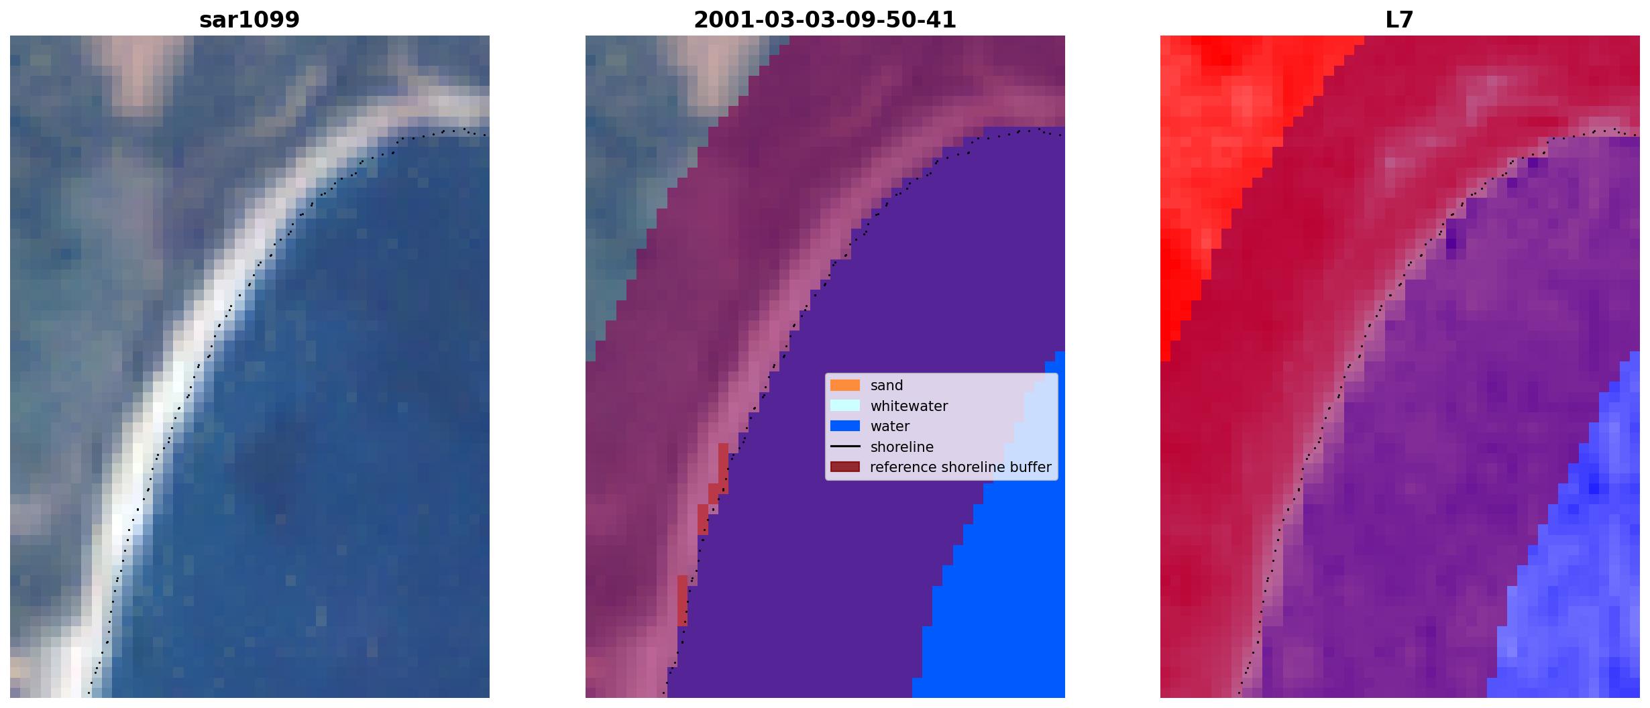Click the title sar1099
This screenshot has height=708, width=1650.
[250, 20]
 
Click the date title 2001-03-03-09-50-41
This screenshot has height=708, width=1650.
[825, 20]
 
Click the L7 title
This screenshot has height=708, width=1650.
[1400, 20]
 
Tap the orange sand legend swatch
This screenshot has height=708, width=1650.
[845, 386]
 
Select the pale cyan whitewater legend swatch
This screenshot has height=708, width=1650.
[845, 406]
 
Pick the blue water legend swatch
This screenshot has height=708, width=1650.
[845, 426]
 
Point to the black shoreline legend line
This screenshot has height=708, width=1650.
[845, 447]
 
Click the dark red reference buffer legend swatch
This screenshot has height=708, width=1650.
[845, 467]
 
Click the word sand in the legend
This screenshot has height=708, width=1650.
[887, 386]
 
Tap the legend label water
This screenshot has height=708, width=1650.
[890, 426]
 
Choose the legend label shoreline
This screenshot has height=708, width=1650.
[902, 447]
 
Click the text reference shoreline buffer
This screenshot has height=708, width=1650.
[960, 467]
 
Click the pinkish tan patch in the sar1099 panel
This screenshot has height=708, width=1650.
[139, 70]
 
